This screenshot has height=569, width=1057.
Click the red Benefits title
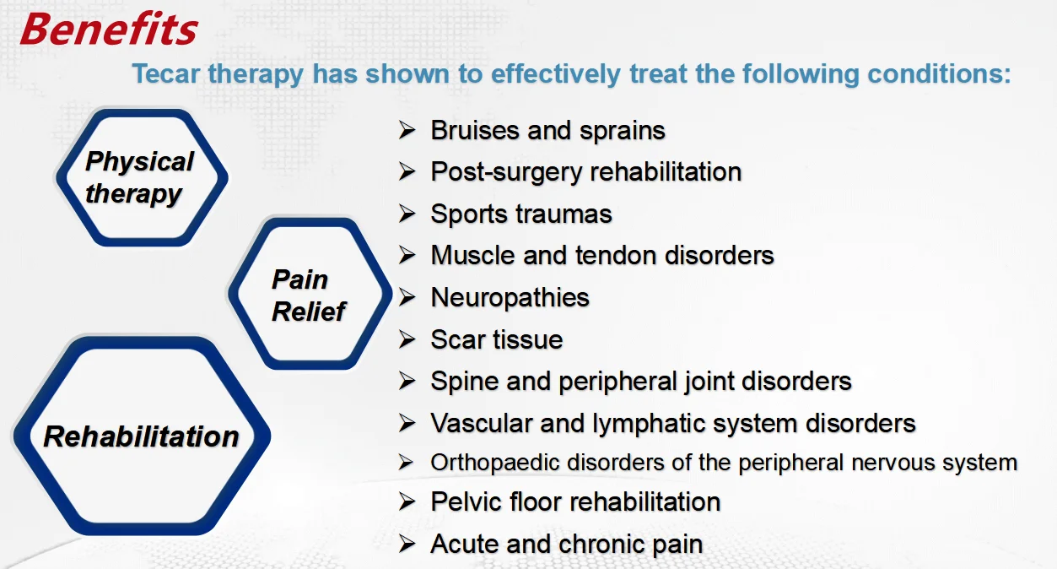tap(109, 30)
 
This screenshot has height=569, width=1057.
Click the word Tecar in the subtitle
tap(165, 73)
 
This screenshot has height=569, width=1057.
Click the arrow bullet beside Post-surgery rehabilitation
tap(407, 171)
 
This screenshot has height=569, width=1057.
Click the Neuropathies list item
tap(510, 298)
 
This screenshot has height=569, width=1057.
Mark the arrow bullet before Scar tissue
tap(407, 339)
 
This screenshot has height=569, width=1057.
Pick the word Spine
tap(464, 382)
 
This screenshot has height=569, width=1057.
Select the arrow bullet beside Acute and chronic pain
tap(407, 544)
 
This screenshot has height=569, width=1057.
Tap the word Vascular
tap(482, 423)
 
